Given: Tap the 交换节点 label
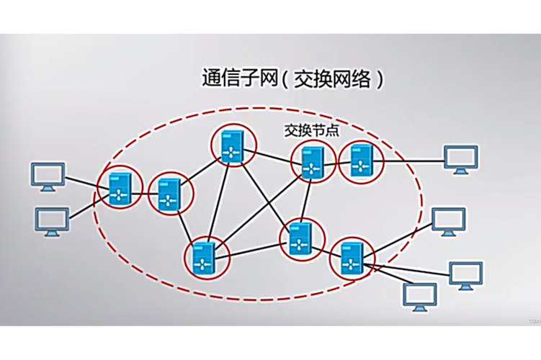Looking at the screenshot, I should coord(312,131).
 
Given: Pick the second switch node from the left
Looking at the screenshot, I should coord(170,193).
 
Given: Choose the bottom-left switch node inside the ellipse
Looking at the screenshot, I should coord(207,257).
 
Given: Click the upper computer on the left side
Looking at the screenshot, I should coord(48,176).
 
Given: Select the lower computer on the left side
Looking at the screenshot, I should coord(52,222).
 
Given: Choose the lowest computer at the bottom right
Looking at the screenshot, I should coord(420,296).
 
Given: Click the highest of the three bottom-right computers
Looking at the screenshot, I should coord(448,221).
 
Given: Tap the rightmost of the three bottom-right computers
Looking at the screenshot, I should coord(466,276).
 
